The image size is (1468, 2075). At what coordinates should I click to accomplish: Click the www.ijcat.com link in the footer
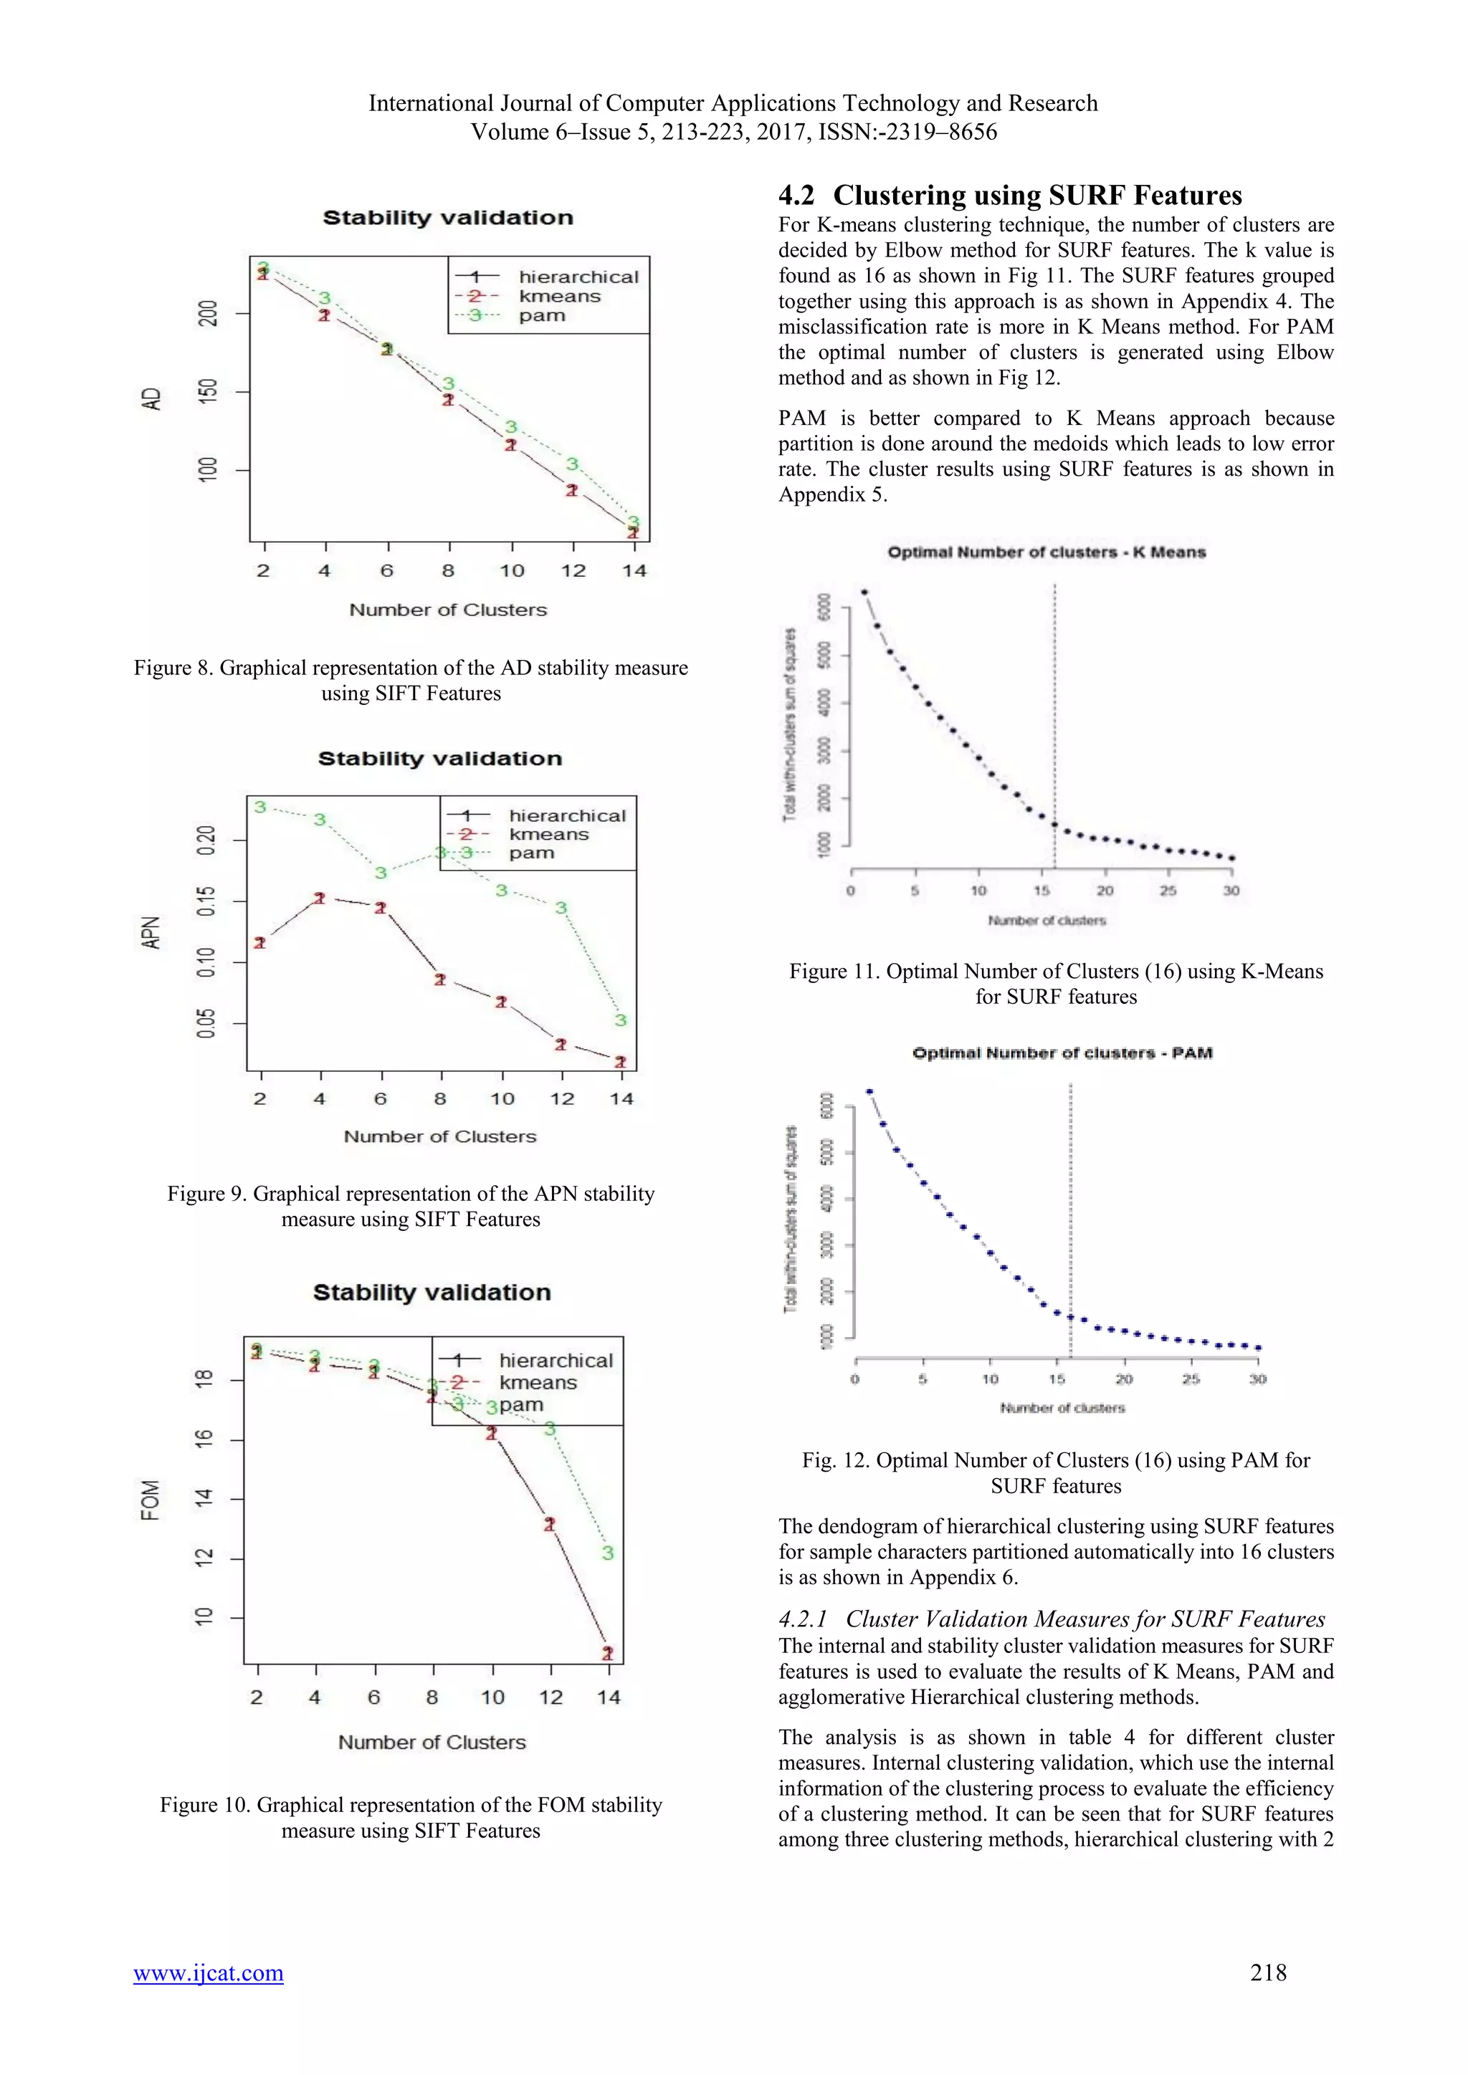[208, 1972]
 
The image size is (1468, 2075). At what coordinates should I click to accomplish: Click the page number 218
[1267, 1972]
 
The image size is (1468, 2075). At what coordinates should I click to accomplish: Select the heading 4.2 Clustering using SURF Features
[1010, 195]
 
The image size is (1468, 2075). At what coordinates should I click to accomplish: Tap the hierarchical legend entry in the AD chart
[578, 277]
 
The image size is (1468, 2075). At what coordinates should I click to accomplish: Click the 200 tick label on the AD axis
[209, 314]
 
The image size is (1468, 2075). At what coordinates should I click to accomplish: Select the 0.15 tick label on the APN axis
[207, 901]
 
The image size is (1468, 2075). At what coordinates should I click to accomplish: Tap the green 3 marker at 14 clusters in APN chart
[620, 1020]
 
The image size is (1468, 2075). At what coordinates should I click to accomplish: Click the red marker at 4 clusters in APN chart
[320, 898]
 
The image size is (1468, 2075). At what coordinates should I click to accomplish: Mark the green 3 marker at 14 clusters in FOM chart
[607, 1553]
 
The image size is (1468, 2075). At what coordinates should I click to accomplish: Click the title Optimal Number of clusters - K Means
[1046, 552]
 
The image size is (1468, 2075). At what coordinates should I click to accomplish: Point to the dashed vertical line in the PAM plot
[1070, 1220]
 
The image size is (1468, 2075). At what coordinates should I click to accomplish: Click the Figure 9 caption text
[411, 1207]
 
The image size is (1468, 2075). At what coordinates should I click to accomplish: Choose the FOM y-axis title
[150, 1500]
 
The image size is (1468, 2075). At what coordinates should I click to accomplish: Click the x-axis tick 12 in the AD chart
[573, 571]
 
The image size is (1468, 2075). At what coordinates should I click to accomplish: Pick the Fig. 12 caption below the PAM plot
[1055, 1472]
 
